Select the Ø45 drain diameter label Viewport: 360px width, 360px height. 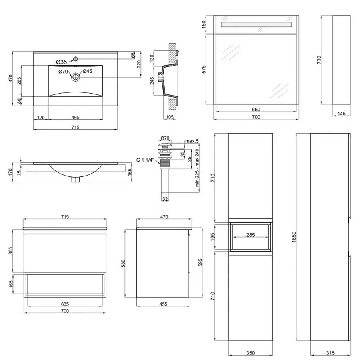(88, 72)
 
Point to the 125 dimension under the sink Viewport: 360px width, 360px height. (41, 117)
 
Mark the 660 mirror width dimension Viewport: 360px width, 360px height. (256, 109)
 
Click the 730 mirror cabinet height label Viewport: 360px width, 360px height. (319, 60)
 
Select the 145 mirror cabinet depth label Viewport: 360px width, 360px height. (341, 114)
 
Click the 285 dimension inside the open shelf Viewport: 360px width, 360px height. (250, 235)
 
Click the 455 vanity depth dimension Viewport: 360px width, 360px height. (163, 304)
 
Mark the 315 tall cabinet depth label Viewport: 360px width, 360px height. (330, 353)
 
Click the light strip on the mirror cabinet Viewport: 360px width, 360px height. (256, 25)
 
